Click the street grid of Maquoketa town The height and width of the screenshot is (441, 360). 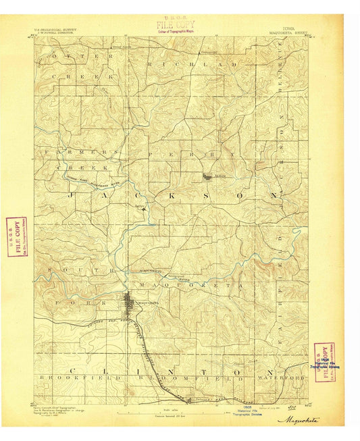click(130, 302)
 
